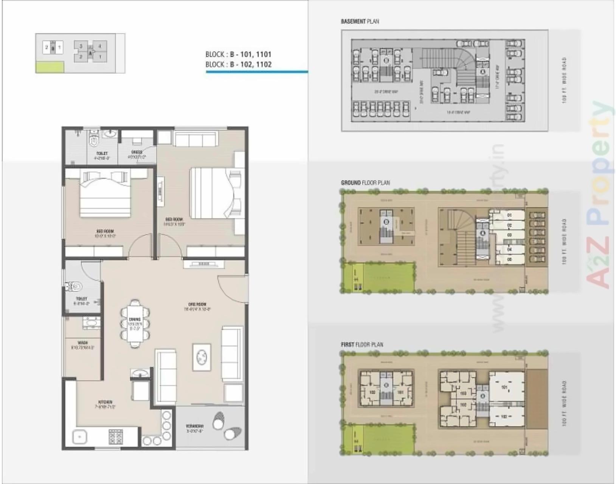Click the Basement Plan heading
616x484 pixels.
[x=360, y=22]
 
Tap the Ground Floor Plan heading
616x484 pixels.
[x=365, y=183]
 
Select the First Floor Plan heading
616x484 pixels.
[x=362, y=344]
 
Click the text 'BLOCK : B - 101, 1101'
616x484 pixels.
[x=238, y=54]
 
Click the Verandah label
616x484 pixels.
[x=195, y=428]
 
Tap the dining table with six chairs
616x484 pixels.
[x=135, y=323]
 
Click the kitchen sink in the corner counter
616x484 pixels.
[x=79, y=437]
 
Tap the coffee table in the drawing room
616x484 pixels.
[x=202, y=357]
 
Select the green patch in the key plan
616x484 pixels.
[x=50, y=67]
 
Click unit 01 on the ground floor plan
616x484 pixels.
[x=509, y=215]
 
